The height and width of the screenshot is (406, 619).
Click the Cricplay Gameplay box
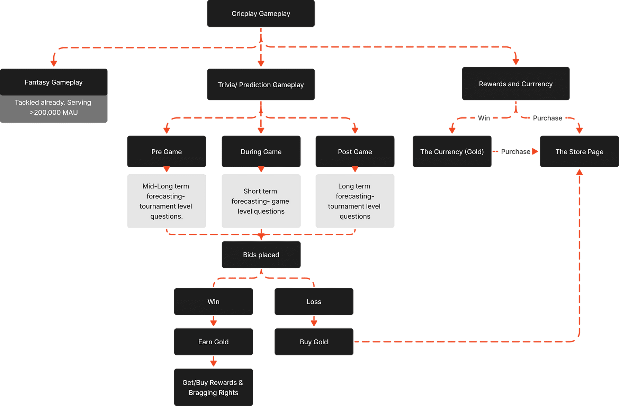point(261,14)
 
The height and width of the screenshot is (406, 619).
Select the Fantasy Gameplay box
point(54,82)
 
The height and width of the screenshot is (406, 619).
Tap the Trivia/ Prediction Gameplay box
point(261,85)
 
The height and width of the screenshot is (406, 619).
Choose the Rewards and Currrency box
point(515,84)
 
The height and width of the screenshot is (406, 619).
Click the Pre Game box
point(167,151)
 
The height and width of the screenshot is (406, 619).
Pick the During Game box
point(261,151)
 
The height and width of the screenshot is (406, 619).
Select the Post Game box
point(355,151)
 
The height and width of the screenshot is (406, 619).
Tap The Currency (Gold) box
point(452,151)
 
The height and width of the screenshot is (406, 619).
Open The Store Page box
point(579,151)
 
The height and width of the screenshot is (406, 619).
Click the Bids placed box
point(261,255)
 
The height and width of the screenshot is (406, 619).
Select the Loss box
point(314,301)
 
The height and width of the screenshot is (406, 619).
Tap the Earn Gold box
point(213,342)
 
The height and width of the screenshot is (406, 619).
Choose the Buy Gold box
point(314,342)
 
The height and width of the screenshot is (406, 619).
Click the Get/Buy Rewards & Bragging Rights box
point(213,387)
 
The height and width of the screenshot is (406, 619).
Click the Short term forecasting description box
point(261,201)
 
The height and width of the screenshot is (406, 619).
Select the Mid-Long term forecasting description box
point(167,201)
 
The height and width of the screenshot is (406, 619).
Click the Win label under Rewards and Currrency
point(484,118)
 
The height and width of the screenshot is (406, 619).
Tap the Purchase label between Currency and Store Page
point(515,151)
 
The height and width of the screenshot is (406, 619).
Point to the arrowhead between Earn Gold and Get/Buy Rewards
point(213,363)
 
